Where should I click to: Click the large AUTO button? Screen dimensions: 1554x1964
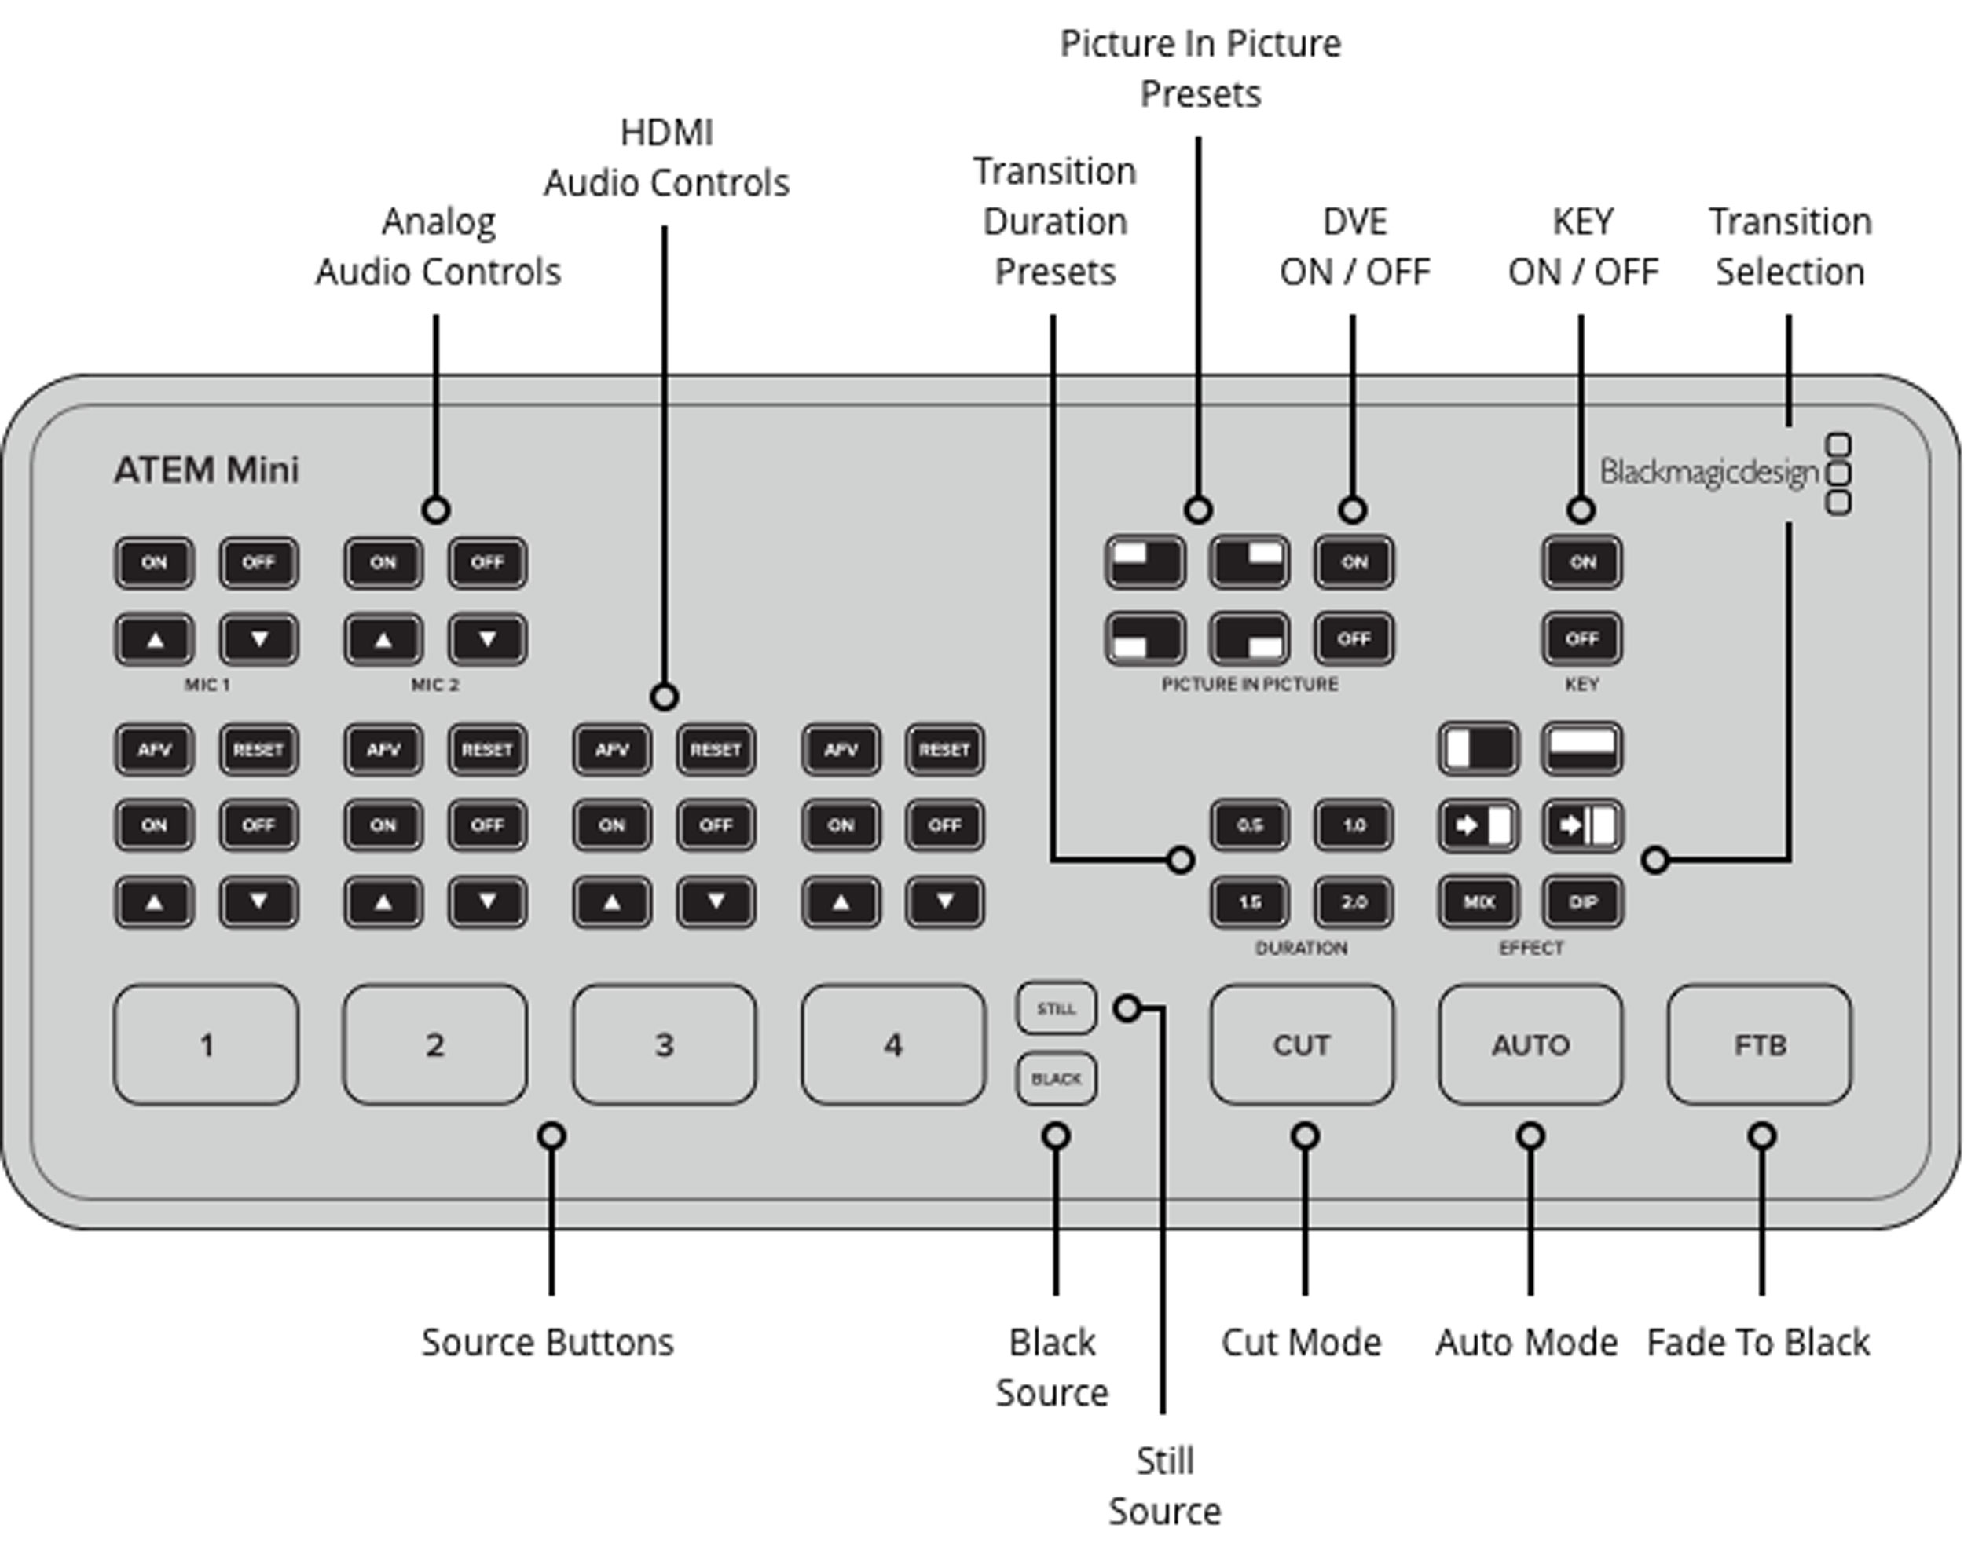pyautogui.click(x=1530, y=1044)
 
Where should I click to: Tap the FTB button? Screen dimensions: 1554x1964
pyautogui.click(x=1759, y=1044)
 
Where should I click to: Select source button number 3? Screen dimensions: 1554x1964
pyautogui.click(x=664, y=1044)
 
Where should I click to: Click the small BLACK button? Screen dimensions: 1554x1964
pyautogui.click(x=1056, y=1079)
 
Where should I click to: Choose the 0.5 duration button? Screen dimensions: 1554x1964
pyautogui.click(x=1250, y=825)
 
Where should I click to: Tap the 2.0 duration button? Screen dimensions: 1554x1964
pyautogui.click(x=1354, y=901)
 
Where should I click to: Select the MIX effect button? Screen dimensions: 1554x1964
pyautogui.click(x=1478, y=901)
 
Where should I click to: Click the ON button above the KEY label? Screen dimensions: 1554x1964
pyautogui.click(x=1581, y=562)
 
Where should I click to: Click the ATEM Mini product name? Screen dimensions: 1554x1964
pyautogui.click(x=207, y=470)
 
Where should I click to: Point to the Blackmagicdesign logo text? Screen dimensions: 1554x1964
pyautogui.click(x=1708, y=472)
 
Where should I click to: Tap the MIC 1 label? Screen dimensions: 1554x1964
pyautogui.click(x=207, y=684)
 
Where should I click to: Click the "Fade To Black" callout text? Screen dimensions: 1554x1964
pyautogui.click(x=1757, y=1343)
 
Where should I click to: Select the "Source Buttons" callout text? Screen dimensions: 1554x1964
pyautogui.click(x=547, y=1343)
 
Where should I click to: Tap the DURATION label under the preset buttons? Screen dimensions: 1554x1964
pyautogui.click(x=1300, y=948)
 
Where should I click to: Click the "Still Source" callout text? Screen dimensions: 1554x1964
pyautogui.click(x=1164, y=1486)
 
